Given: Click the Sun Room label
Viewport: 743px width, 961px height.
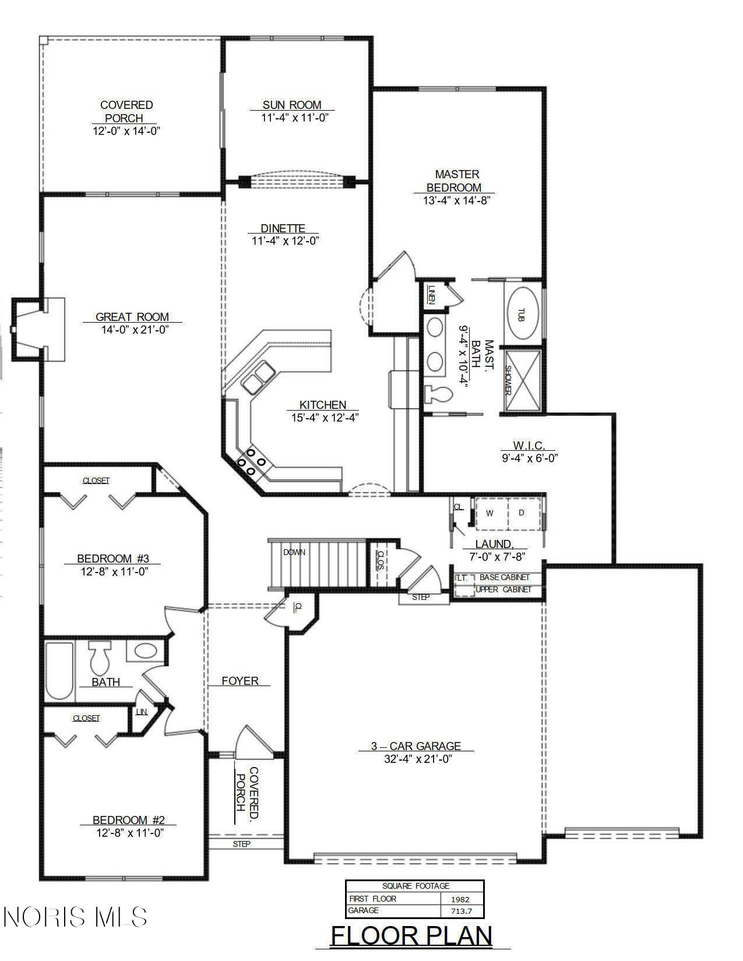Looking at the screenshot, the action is tap(292, 105).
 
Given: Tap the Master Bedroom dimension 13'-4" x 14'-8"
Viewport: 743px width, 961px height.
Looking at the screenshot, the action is tap(457, 200).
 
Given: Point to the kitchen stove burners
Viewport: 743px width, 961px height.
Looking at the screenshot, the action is tap(251, 462).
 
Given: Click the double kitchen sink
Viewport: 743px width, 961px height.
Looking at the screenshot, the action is tap(258, 377).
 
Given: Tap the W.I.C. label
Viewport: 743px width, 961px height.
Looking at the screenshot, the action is tap(529, 446).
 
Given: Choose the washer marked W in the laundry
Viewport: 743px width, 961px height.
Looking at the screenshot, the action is tap(490, 513).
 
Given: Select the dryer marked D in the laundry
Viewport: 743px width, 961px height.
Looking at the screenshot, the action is tap(522, 513).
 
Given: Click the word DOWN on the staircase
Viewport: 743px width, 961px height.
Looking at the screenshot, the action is tap(294, 552).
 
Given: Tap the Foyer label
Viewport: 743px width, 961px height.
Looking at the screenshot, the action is tap(240, 681).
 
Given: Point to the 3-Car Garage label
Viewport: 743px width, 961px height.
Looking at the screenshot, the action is tap(416, 746).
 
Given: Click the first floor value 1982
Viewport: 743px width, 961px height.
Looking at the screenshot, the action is tap(460, 899).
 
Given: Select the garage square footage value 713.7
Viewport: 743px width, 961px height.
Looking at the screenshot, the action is tap(462, 910).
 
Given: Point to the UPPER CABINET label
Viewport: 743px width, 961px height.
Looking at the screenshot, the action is tap(503, 589).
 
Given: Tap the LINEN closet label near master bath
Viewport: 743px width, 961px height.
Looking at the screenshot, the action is tap(431, 295).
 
